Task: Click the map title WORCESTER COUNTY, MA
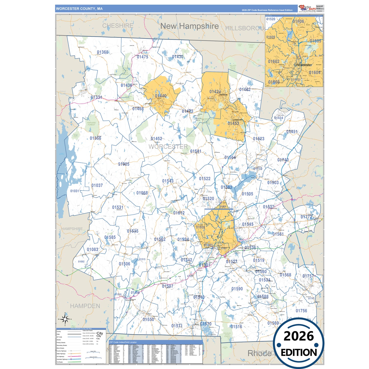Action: pos(79,9)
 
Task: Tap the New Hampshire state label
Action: pos(189,26)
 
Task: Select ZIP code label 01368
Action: pos(103,52)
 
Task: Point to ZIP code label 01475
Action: pos(142,57)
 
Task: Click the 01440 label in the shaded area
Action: pos(161,96)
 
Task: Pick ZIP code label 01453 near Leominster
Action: pos(233,123)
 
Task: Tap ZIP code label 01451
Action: pos(292,132)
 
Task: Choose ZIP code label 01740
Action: pos(283,160)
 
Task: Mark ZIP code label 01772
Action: pos(306,217)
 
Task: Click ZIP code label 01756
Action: pos(301,311)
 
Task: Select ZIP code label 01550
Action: pos(148,319)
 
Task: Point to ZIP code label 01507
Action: pos(168,286)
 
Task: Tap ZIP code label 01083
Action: pos(92,249)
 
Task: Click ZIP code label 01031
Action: pos(75,191)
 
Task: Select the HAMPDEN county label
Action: pos(85,306)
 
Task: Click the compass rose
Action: pos(65,319)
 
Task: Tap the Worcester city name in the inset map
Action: pos(304,65)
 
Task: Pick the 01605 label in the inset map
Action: pos(315,41)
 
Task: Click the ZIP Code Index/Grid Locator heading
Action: pos(123,342)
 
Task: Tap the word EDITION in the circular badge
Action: pos(299,353)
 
